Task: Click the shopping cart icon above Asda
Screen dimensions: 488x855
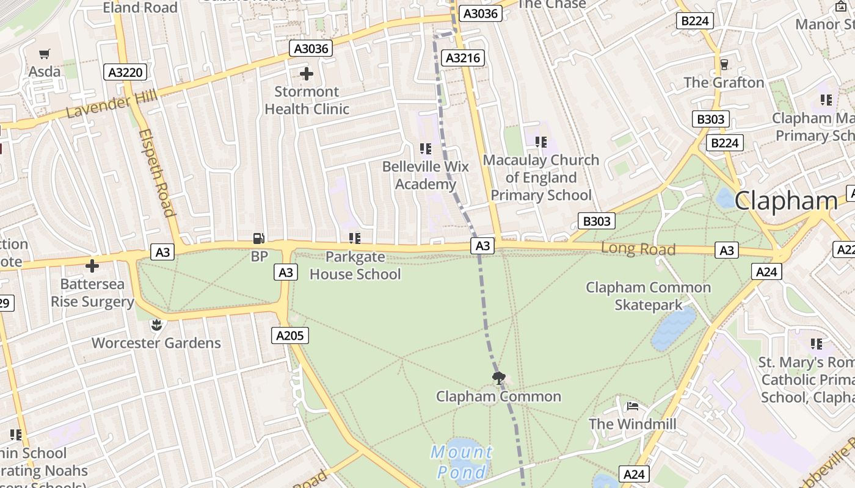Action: pos(45,54)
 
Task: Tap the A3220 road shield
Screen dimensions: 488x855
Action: pos(125,73)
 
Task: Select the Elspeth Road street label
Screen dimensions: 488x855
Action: pos(157,173)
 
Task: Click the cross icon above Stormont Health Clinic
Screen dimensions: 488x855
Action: pos(307,74)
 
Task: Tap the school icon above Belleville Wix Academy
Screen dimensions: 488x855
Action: pos(426,148)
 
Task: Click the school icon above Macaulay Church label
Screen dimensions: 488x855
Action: pos(541,142)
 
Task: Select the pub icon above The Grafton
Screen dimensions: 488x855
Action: pos(724,64)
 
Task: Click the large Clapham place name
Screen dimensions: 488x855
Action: pos(785,201)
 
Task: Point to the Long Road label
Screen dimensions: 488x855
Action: pos(638,248)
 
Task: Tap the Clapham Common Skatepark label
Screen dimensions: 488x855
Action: pos(648,296)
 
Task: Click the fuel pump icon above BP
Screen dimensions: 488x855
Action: pos(259,239)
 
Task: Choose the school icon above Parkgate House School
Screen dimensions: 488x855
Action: pos(355,239)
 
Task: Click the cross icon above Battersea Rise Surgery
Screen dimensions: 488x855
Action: pos(92,266)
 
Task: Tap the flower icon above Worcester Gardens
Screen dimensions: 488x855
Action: pos(156,325)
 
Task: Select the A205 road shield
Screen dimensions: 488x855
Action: pos(290,335)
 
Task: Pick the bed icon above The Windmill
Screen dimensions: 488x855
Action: pos(632,406)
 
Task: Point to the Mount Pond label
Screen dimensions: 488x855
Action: pos(462,462)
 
